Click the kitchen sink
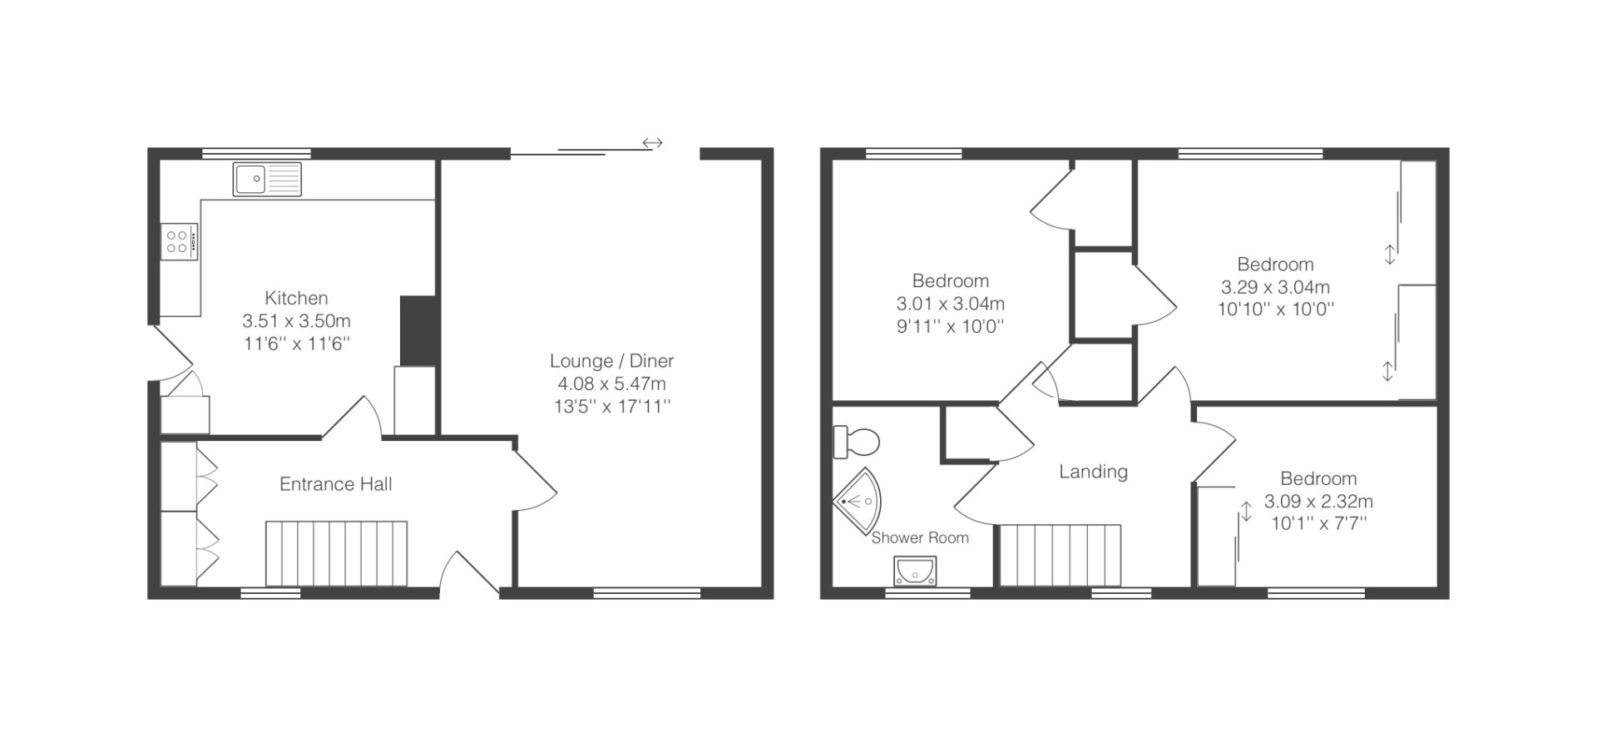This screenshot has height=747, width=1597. tap(269, 179)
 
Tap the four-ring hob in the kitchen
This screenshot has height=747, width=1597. tap(179, 242)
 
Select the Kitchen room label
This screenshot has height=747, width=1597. tap(296, 298)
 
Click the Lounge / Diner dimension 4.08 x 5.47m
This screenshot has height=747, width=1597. tap(611, 384)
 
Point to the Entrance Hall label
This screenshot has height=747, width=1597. tap(335, 484)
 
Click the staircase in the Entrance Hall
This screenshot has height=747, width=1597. tap(336, 553)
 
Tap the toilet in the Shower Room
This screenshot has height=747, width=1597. tap(856, 441)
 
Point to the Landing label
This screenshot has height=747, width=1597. tap(1093, 472)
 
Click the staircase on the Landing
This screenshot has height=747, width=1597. tap(1061, 556)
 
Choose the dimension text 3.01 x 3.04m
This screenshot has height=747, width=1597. tap(950, 304)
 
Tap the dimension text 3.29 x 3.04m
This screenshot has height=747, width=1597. tap(1275, 287)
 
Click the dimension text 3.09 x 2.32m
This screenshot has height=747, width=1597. tap(1318, 502)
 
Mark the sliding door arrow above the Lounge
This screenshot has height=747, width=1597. tap(652, 143)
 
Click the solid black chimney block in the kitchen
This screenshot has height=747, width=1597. tap(418, 330)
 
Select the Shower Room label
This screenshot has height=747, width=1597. tap(920, 538)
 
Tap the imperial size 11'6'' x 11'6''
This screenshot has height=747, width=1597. tap(296, 343)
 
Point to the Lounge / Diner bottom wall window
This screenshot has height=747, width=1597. tap(647, 593)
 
